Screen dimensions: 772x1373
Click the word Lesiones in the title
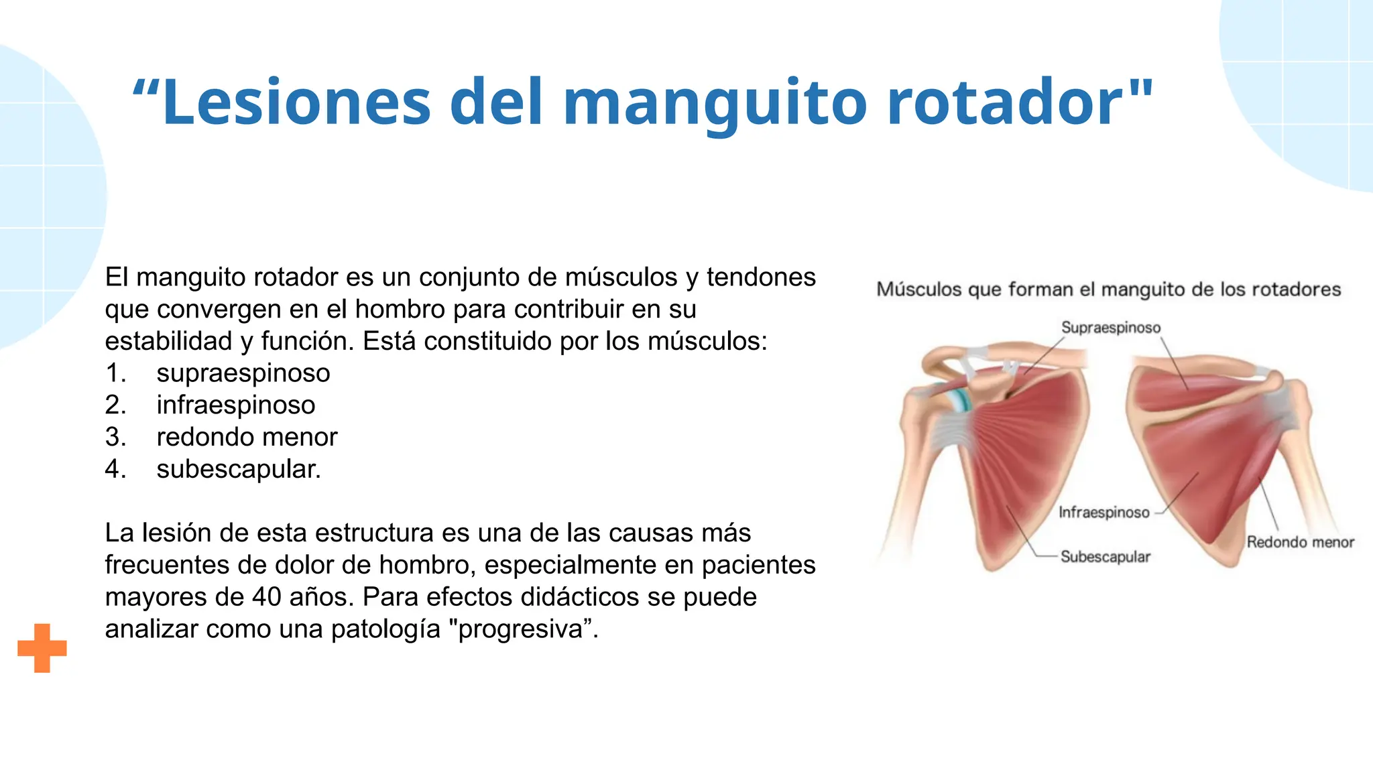tap(296, 103)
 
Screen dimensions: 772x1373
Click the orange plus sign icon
tap(42, 648)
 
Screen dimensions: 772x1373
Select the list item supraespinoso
tap(243, 373)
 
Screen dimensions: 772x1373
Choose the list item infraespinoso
tap(236, 405)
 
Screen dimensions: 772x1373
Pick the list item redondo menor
tap(247, 438)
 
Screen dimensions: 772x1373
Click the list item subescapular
tap(239, 469)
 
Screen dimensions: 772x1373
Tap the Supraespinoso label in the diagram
tap(1110, 328)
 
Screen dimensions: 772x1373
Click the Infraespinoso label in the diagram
tap(1103, 513)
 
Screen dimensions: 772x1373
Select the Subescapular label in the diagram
tap(1105, 557)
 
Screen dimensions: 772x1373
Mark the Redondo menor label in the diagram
tap(1300, 542)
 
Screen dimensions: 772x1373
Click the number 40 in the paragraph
tap(266, 597)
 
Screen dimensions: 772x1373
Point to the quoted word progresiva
tap(521, 629)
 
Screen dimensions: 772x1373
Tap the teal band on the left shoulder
tap(961, 400)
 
